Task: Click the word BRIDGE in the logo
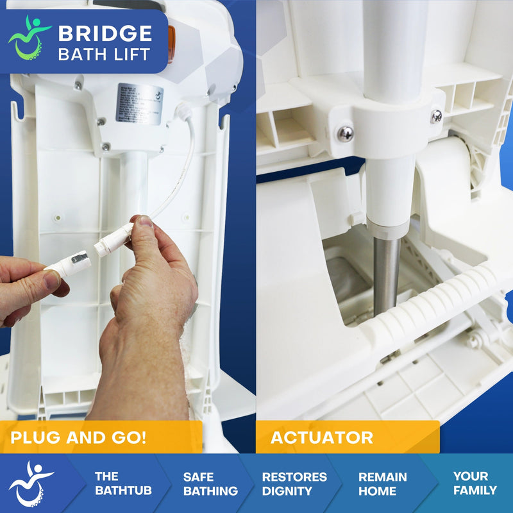(x=105, y=33)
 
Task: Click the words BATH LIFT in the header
(x=105, y=54)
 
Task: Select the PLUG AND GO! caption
(x=78, y=438)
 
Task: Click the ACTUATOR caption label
(x=322, y=438)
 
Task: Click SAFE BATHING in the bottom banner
(x=210, y=484)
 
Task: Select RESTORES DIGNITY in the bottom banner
(x=294, y=484)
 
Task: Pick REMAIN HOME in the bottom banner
(x=382, y=484)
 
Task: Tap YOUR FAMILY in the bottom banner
(x=475, y=484)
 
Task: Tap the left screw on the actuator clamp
(x=346, y=133)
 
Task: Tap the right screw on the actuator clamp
(x=436, y=116)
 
